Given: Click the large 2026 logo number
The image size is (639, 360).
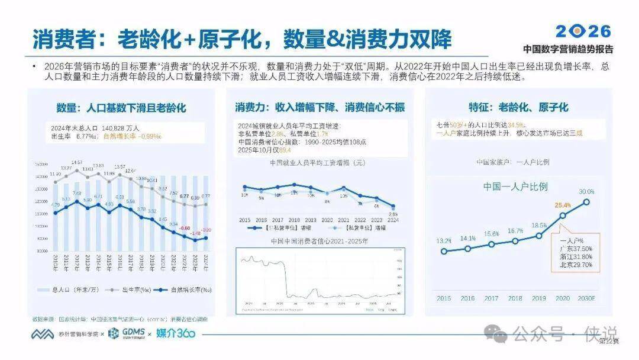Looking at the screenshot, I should [x=583, y=31].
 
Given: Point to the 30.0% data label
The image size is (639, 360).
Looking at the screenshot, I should [x=586, y=191].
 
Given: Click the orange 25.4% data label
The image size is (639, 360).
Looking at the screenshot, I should [x=563, y=205].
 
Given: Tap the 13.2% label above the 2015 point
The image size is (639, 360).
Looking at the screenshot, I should [x=444, y=240].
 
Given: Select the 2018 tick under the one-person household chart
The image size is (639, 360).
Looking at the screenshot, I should [x=515, y=298].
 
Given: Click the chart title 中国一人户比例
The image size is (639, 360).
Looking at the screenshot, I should [x=515, y=187].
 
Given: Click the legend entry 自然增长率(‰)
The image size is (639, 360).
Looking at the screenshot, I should [x=187, y=290].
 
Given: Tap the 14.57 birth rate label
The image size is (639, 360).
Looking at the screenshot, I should [x=76, y=162].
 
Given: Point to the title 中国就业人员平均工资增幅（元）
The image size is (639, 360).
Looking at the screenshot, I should [x=318, y=162].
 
